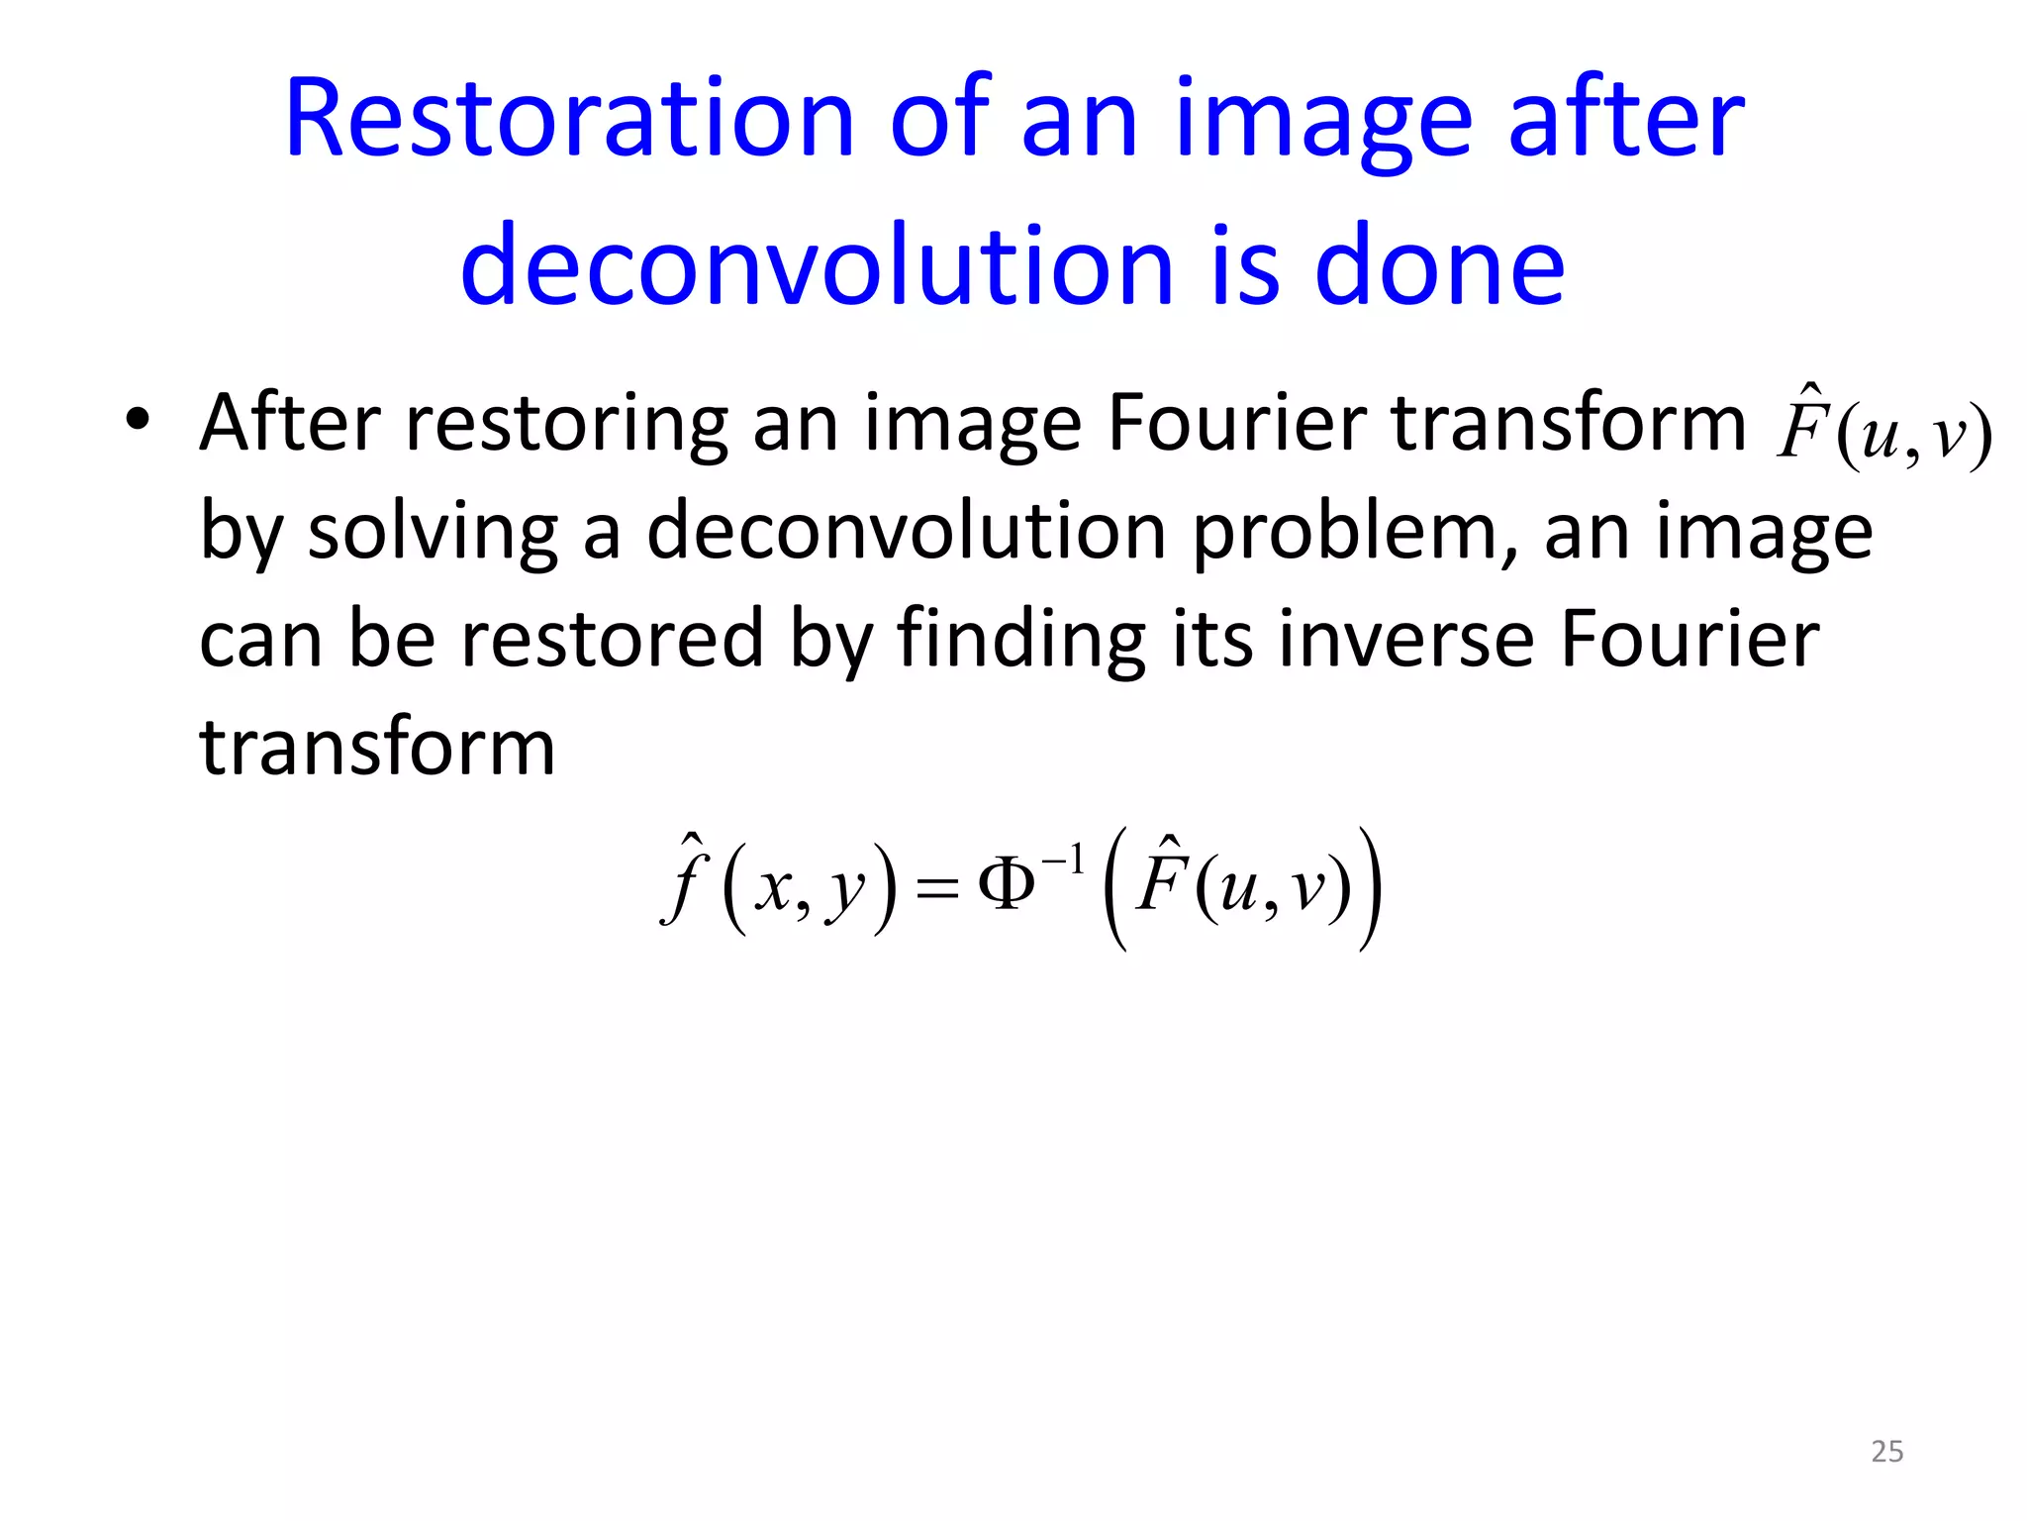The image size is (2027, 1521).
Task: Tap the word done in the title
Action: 1439,266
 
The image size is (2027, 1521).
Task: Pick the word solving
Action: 433,533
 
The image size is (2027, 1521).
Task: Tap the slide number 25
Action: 1886,1452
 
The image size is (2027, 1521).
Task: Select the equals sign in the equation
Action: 936,888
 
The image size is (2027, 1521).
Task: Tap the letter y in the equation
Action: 846,891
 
